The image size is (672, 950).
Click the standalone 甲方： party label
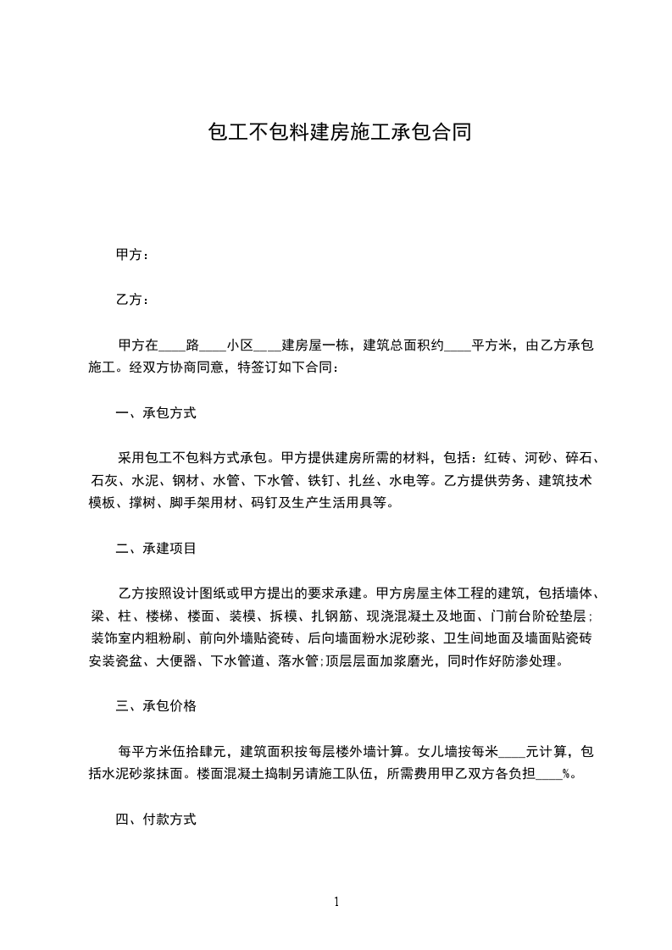pyautogui.click(x=132, y=255)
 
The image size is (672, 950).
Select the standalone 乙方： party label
pyautogui.click(x=132, y=300)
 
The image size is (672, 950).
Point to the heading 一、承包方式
pyautogui.click(x=156, y=414)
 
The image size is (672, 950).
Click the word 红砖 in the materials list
pyautogui.click(x=497, y=460)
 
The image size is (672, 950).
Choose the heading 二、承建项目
pyautogui.click(x=156, y=549)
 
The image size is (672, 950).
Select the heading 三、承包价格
pyautogui.click(x=156, y=705)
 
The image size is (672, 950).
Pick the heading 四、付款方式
pyautogui.click(x=156, y=819)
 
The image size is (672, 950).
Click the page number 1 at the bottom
pyautogui.click(x=336, y=903)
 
